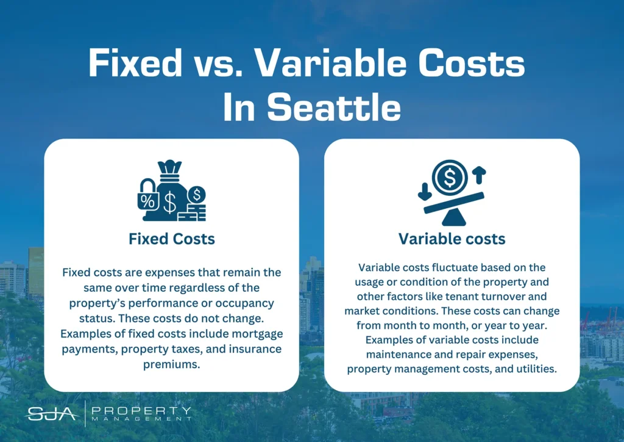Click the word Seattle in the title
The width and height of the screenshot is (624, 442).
pyautogui.click(x=333, y=107)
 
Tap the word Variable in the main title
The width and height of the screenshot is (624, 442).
pyautogui.click(x=330, y=63)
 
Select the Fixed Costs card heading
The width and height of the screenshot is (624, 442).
pyautogui.click(x=171, y=239)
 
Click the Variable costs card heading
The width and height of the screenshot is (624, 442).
pyautogui.click(x=452, y=239)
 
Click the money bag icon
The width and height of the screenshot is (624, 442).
pyautogui.click(x=171, y=190)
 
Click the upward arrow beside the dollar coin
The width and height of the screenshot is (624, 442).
pyautogui.click(x=479, y=175)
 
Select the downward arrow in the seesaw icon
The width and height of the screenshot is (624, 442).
pyautogui.click(x=425, y=192)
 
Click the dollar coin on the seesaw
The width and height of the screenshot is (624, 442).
pyautogui.click(x=450, y=178)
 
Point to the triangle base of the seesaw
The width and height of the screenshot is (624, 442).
pyautogui.click(x=453, y=218)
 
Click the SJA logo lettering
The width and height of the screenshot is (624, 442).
pyautogui.click(x=52, y=414)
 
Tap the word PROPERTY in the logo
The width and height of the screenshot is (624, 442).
pyautogui.click(x=141, y=410)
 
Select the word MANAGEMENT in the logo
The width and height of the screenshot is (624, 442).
pyautogui.click(x=141, y=419)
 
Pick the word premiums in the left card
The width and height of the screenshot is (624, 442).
pyautogui.click(x=171, y=364)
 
